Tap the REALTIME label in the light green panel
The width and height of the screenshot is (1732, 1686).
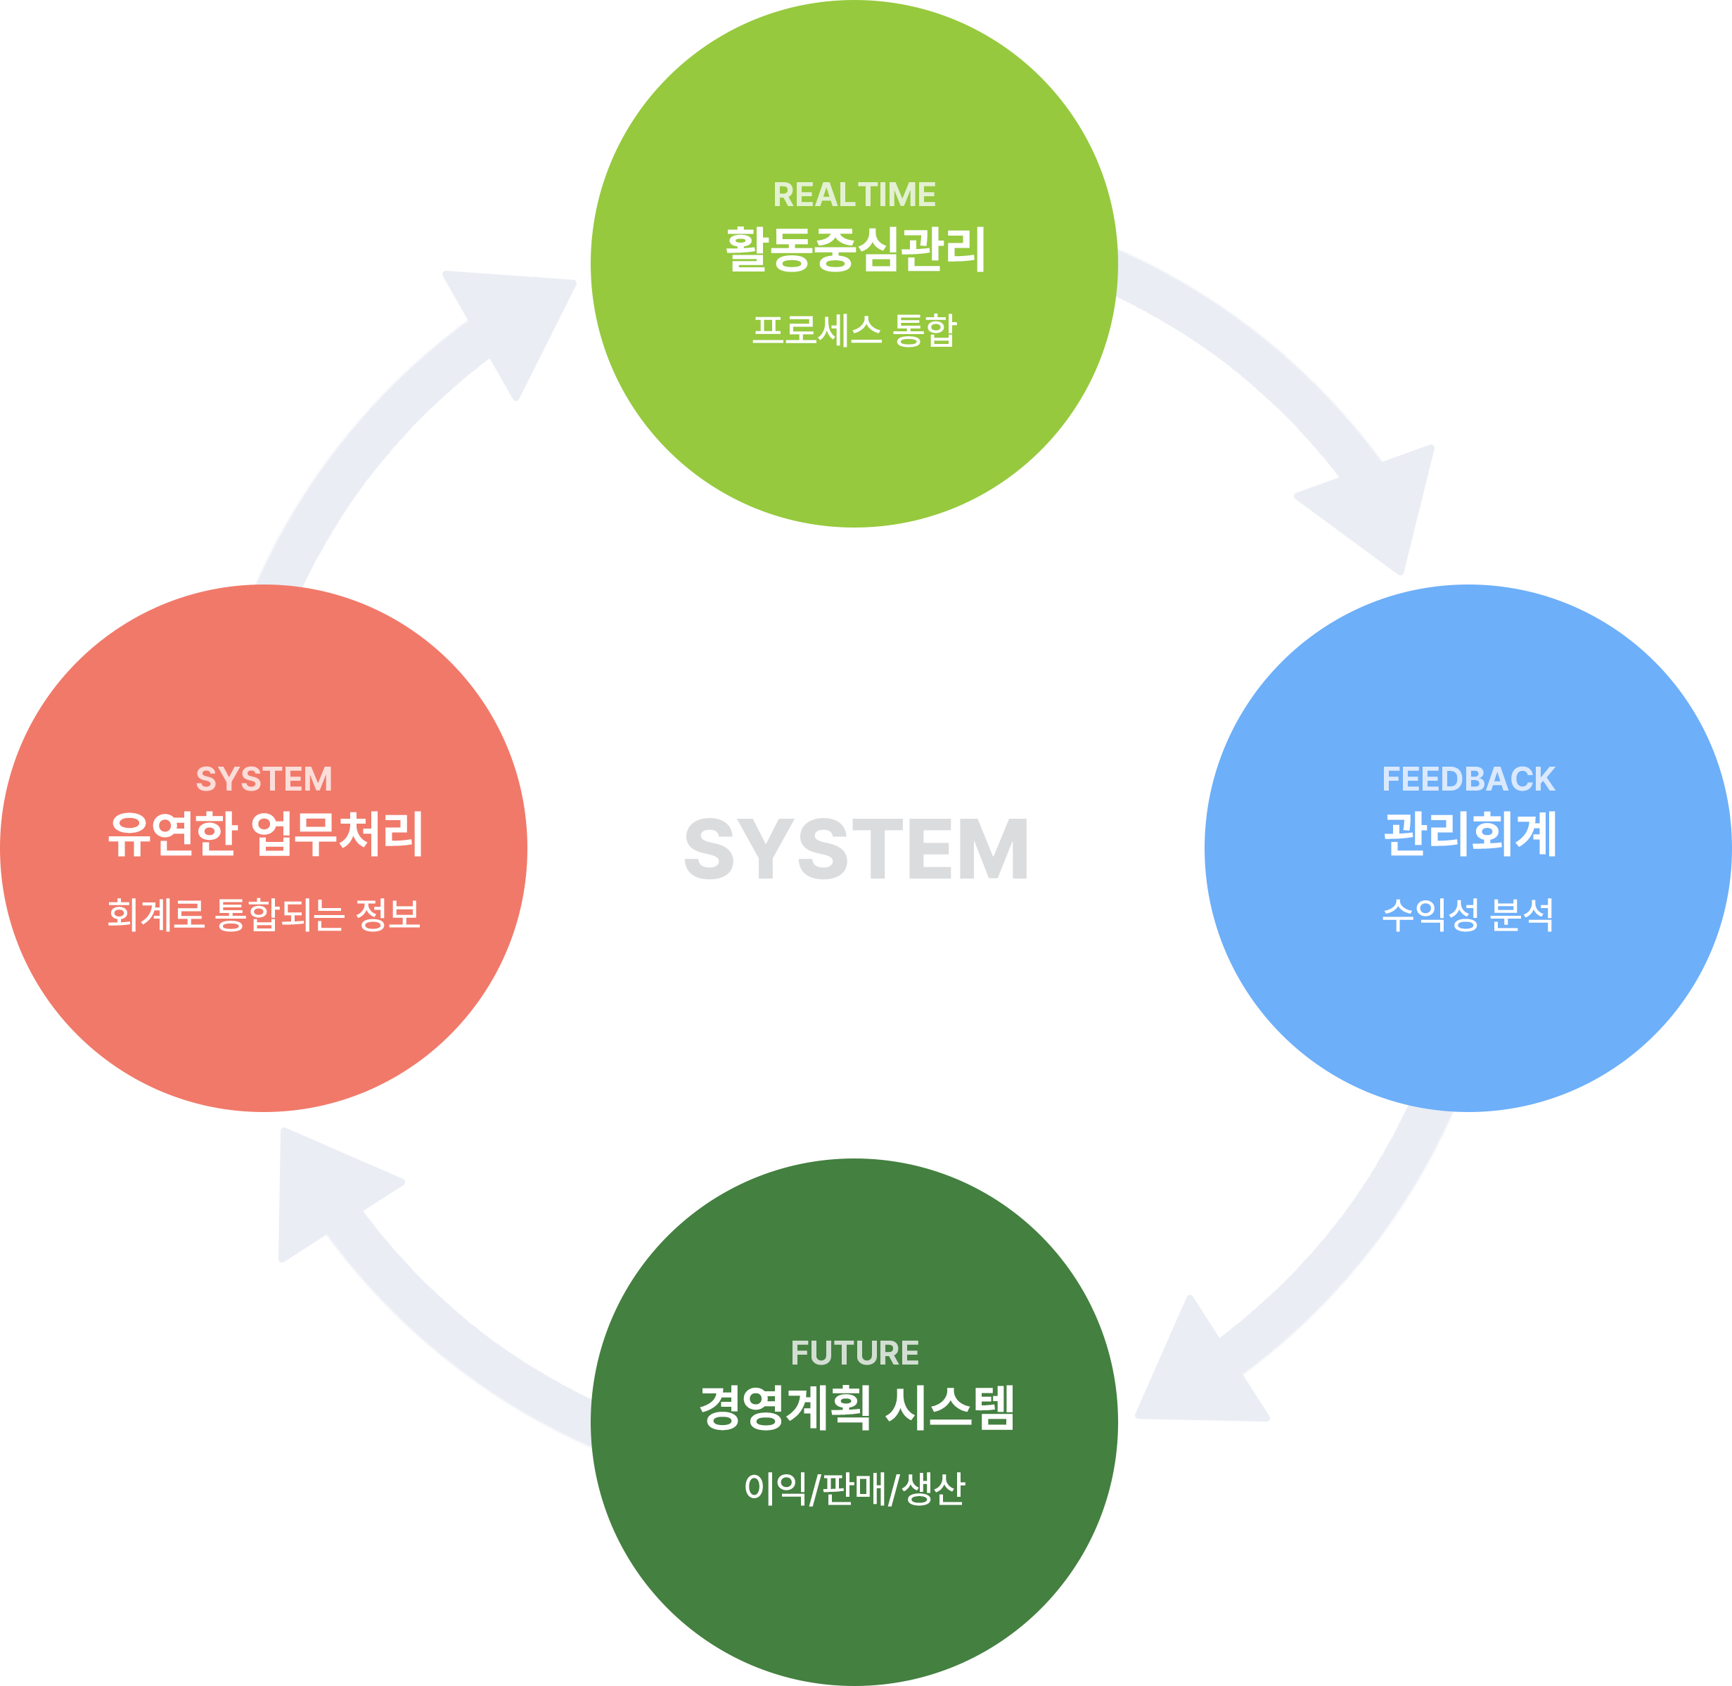click(854, 195)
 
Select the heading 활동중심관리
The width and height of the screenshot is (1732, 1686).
click(854, 250)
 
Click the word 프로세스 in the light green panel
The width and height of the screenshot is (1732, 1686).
click(816, 331)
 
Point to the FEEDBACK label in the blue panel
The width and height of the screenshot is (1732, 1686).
click(1468, 779)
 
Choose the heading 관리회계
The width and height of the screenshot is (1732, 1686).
click(1470, 834)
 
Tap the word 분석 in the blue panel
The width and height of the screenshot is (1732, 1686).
click(1521, 914)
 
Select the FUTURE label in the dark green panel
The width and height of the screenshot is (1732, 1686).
click(854, 1353)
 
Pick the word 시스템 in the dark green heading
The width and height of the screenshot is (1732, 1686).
click(950, 1408)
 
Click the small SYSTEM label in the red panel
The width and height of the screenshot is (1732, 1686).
click(264, 779)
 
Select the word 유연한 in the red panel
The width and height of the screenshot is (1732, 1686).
click(173, 834)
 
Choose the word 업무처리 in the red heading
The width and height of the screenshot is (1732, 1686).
click(338, 834)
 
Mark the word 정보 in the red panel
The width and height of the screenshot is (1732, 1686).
click(388, 914)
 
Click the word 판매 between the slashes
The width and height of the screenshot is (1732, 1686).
click(854, 1488)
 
